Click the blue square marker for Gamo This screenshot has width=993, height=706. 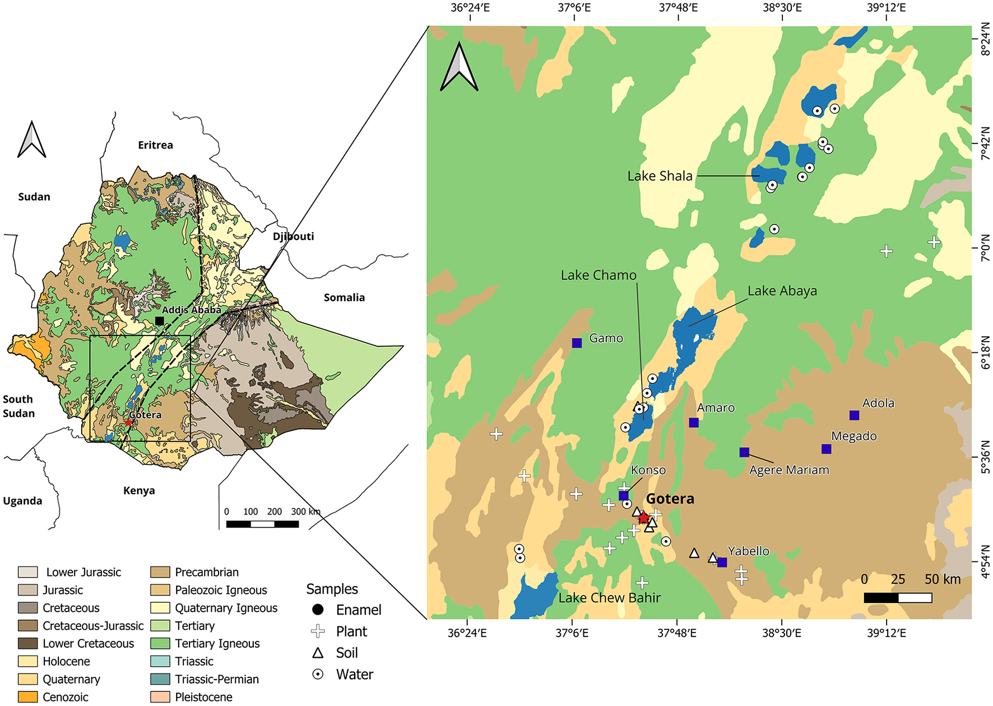577,343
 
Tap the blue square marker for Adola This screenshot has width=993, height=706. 854,416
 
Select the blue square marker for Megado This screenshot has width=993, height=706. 826,449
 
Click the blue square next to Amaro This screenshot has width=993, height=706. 694,423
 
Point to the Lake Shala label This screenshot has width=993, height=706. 660,176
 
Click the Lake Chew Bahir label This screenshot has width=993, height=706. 610,598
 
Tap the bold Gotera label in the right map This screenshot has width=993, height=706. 670,499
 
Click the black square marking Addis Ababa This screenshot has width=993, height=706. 159,321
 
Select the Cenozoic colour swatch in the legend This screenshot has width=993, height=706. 28,697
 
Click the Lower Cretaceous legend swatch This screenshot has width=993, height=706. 28,643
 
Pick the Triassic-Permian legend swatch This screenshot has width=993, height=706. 160,679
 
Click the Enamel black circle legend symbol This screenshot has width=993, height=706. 318,610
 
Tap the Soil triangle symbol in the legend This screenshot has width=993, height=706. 318,653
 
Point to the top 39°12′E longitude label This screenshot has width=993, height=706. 886,8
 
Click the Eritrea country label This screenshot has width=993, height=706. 155,145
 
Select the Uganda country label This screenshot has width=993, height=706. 22,501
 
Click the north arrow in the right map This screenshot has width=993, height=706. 459,67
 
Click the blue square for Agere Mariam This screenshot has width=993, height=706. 744,453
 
